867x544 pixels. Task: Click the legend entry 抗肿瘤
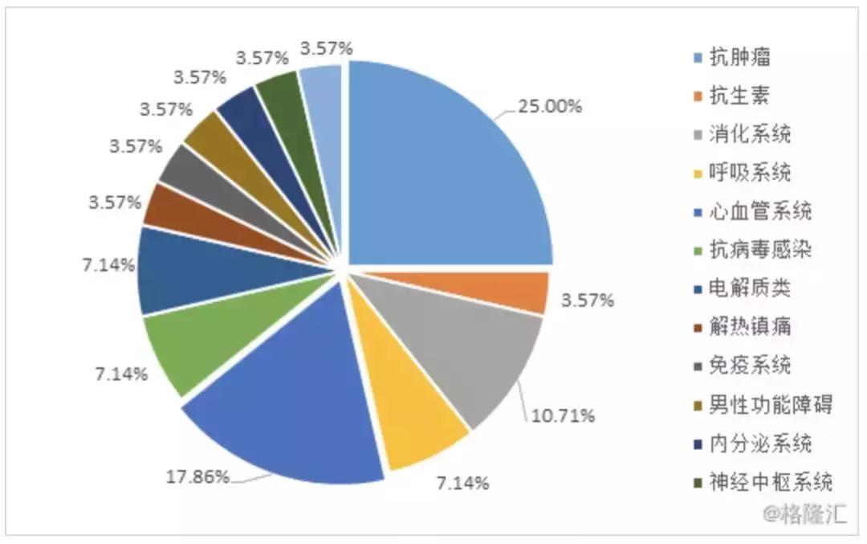click(x=739, y=58)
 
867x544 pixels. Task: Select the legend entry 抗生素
click(x=739, y=96)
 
